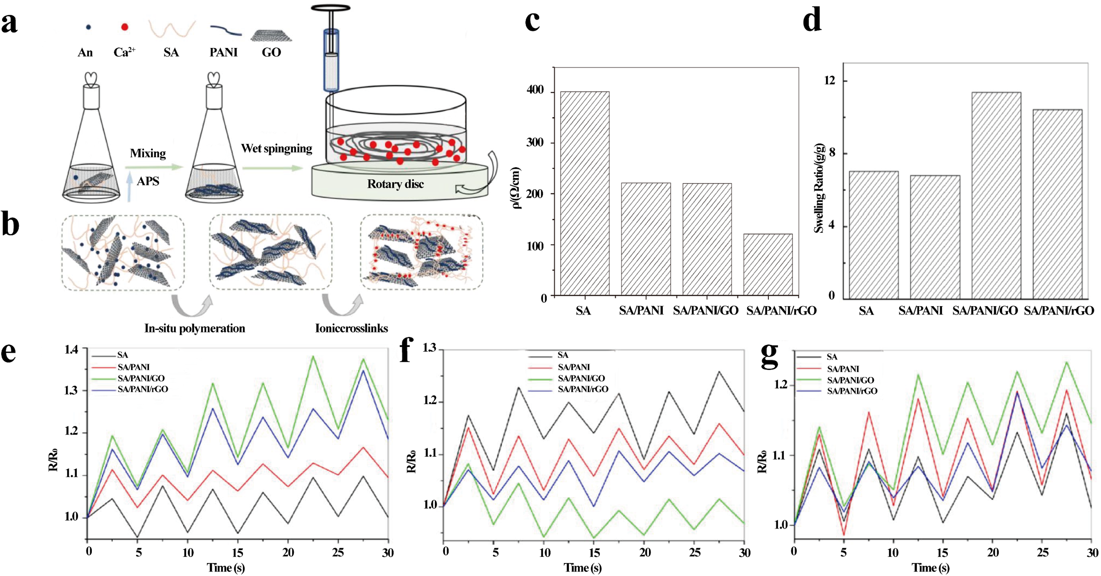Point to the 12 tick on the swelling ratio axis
click(829, 80)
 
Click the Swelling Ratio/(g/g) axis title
click(819, 188)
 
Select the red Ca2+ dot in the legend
click(124, 27)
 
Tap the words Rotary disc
click(395, 184)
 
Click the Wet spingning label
click(276, 148)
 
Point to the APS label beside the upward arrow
click(148, 181)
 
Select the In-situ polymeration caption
click(195, 328)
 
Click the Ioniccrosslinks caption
click(351, 328)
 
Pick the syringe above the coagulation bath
click(331, 55)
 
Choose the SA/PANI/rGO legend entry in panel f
click(583, 389)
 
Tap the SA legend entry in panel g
click(832, 357)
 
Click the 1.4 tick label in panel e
click(71, 350)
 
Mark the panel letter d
click(812, 20)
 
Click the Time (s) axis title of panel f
click(583, 568)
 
